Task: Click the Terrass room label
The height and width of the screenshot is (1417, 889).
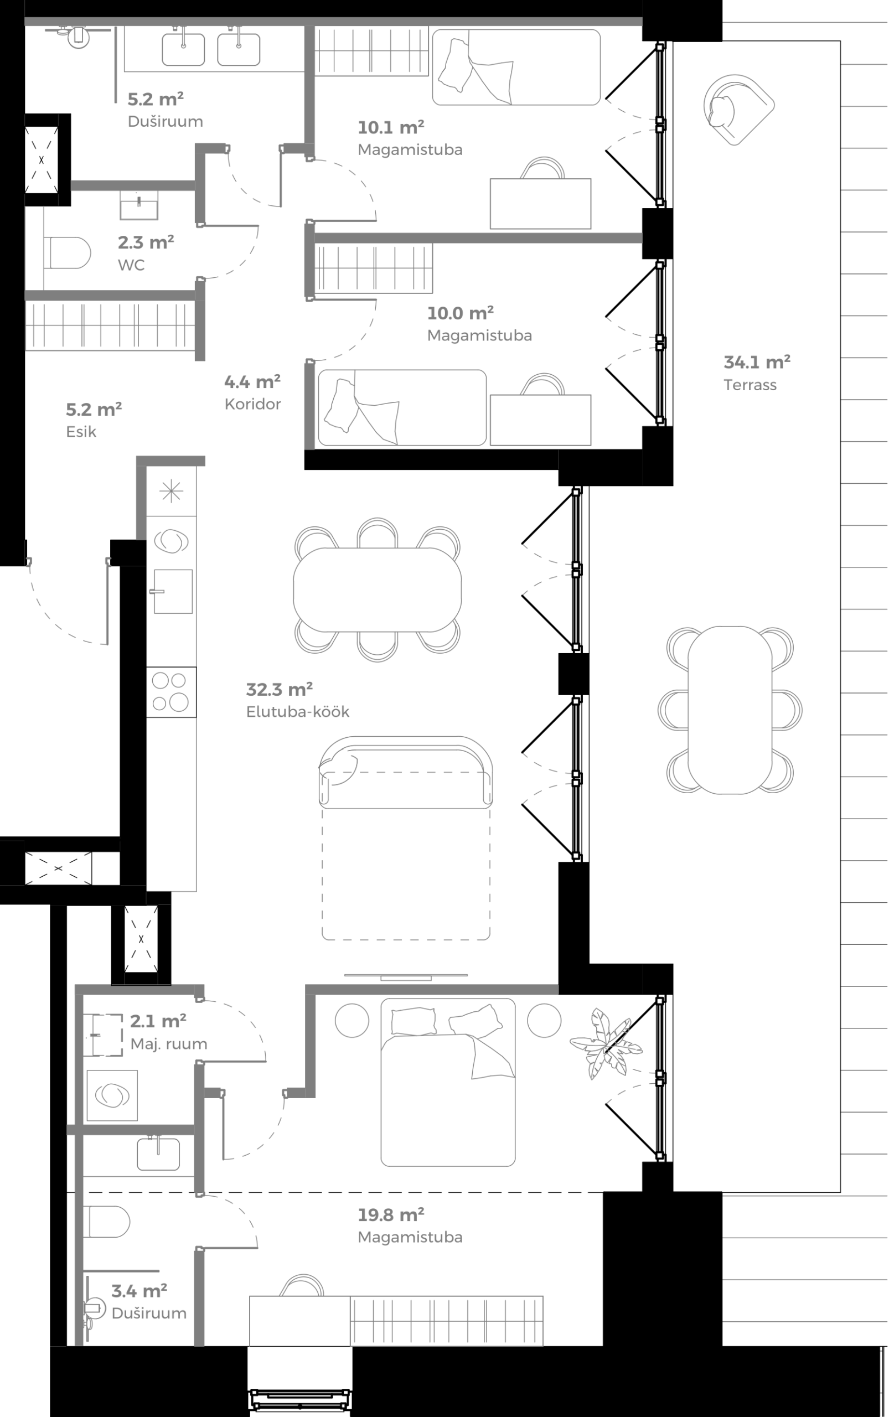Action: pyautogui.click(x=750, y=385)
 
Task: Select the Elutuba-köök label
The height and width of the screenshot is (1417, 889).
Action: pyautogui.click(x=297, y=711)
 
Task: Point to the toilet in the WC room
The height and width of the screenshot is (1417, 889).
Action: pyautogui.click(x=67, y=253)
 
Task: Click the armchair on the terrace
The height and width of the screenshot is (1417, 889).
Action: pyautogui.click(x=737, y=110)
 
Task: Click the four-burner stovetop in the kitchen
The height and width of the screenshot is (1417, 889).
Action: pyautogui.click(x=170, y=691)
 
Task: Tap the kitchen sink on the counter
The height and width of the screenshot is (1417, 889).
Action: pyautogui.click(x=173, y=591)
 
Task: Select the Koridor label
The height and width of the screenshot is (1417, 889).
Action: pyautogui.click(x=253, y=404)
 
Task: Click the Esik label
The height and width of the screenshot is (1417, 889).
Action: pyautogui.click(x=81, y=432)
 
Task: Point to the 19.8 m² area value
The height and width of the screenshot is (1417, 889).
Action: pyautogui.click(x=391, y=1214)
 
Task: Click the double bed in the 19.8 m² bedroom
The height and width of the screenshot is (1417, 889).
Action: pyautogui.click(x=447, y=1082)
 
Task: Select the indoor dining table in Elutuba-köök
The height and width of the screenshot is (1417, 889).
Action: pyautogui.click(x=377, y=589)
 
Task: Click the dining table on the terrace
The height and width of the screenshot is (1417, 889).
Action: pyautogui.click(x=730, y=709)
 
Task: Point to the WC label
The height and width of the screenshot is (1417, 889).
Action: pyautogui.click(x=131, y=265)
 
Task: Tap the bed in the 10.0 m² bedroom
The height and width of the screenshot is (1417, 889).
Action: pyautogui.click(x=402, y=407)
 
